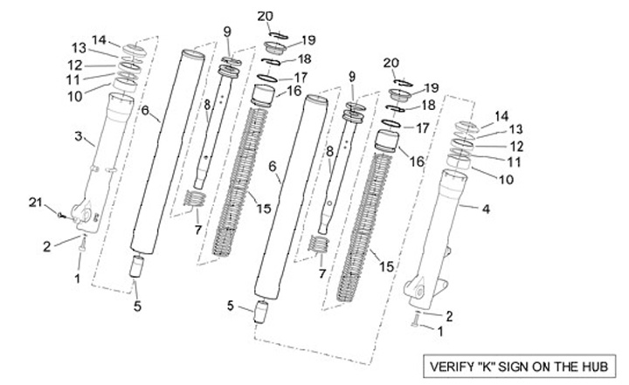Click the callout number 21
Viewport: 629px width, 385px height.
point(35,203)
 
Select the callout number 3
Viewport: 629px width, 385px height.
point(79,136)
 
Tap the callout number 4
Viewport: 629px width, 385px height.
point(486,209)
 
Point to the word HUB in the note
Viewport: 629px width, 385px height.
point(595,367)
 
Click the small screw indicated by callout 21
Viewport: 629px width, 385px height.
point(60,215)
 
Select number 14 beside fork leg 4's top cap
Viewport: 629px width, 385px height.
point(501,117)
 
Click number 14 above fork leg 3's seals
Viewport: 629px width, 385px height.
point(99,40)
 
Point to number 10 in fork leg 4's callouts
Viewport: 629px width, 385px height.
point(506,179)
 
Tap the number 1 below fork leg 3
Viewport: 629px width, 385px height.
point(78,278)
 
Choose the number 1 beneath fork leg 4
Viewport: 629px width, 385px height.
point(440,331)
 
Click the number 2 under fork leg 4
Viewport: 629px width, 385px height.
point(449,316)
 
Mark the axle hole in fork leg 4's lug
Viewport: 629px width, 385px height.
point(420,292)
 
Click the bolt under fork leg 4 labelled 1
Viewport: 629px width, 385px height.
point(415,320)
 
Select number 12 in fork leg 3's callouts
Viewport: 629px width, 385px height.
point(75,65)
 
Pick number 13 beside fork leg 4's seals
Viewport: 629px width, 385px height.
point(516,129)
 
